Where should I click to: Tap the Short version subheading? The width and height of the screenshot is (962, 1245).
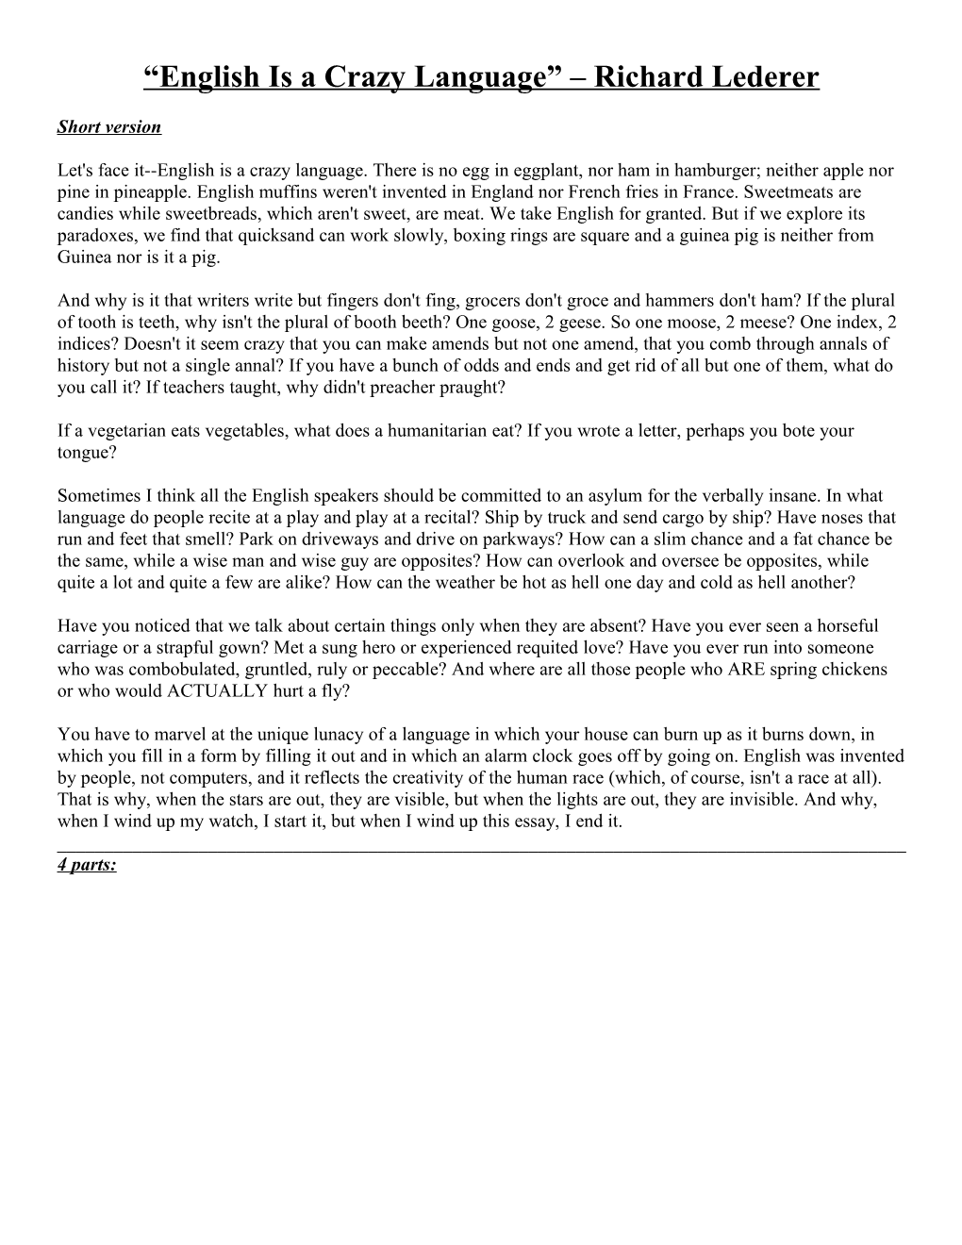tap(108, 126)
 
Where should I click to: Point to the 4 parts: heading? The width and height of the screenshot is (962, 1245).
tap(87, 864)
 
